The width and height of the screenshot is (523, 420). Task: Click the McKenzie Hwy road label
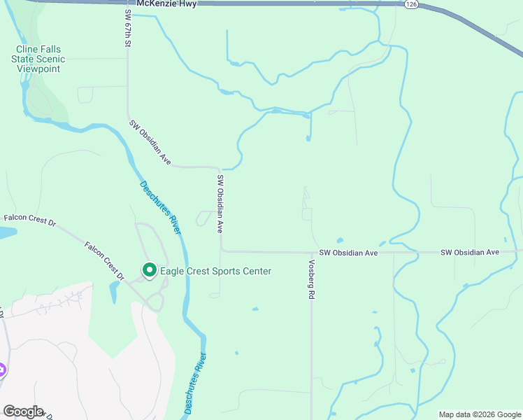[x=167, y=4]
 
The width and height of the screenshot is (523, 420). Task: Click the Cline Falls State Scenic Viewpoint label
[x=38, y=59]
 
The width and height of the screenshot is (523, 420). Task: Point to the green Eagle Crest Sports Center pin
[x=149, y=269]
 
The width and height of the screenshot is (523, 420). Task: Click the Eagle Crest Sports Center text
[x=215, y=272]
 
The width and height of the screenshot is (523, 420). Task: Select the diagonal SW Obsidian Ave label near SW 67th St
[x=150, y=143]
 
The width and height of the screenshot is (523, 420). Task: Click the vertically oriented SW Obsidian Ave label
[x=220, y=203]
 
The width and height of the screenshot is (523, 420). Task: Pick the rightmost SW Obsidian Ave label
[x=469, y=252]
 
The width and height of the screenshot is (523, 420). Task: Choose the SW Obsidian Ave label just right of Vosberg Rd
[x=348, y=253]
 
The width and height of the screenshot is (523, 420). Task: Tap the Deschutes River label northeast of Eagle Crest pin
[x=161, y=207]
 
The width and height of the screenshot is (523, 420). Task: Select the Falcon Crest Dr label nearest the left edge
[x=28, y=220]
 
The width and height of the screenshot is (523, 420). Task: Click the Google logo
[x=22, y=412]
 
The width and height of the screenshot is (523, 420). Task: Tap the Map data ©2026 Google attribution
[x=480, y=414]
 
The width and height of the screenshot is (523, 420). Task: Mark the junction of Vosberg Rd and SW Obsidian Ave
[x=311, y=253]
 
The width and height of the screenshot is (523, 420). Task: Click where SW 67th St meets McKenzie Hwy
[x=127, y=3]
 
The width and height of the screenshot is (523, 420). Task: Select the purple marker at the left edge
[x=2, y=369]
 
